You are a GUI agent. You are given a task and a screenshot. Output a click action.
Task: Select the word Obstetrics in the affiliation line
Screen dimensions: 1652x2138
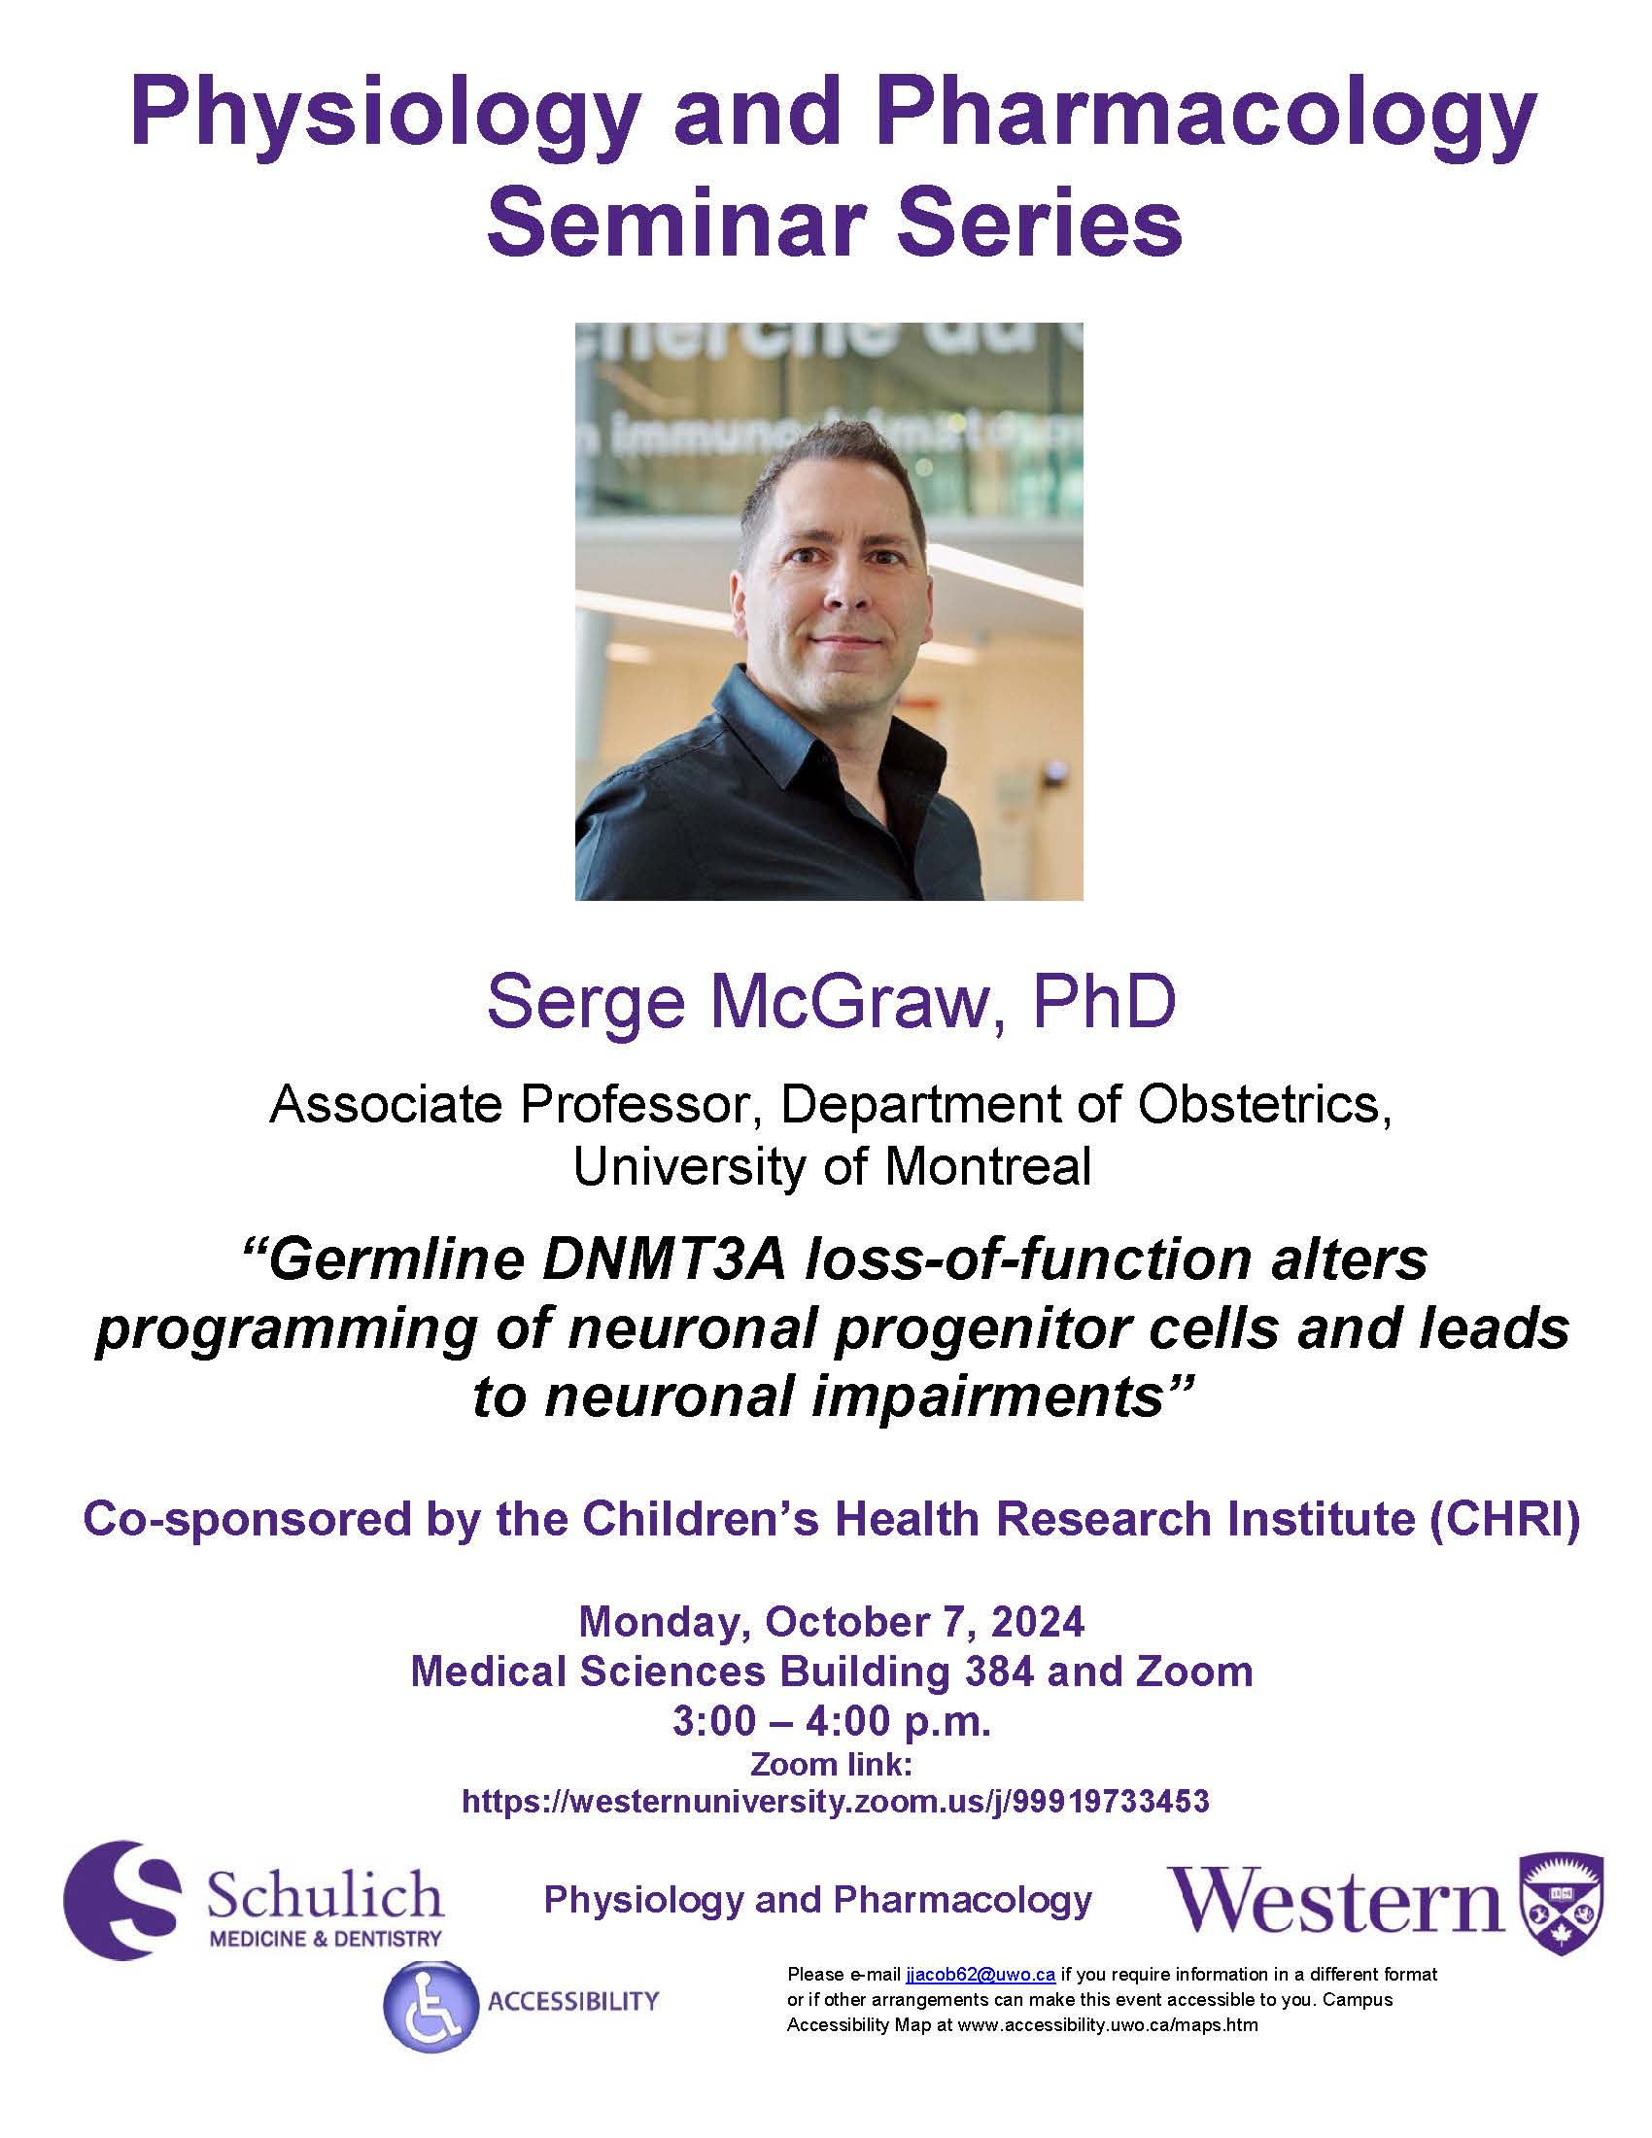point(1263,1104)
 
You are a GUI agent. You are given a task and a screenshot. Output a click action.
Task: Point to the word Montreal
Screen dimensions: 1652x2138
point(987,1166)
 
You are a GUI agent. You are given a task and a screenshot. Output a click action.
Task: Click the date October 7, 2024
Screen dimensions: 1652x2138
point(925,1623)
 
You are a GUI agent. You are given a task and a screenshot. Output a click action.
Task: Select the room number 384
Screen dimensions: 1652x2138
point(998,1672)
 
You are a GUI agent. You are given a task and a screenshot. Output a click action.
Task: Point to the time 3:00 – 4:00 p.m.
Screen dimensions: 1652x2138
point(832,1720)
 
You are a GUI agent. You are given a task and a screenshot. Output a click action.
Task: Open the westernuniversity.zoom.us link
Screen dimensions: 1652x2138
point(835,1801)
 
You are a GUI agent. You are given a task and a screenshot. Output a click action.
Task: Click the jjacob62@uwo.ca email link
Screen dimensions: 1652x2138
point(980,1974)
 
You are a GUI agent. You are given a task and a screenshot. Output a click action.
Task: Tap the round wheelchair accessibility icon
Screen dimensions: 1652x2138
point(430,2006)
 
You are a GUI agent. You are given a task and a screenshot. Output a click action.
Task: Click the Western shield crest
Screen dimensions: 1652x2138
point(1560,1904)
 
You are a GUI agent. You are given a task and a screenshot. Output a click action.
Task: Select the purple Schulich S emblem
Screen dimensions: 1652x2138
point(123,1900)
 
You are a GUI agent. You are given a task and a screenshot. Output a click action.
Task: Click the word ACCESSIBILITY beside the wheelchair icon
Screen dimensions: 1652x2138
point(573,2001)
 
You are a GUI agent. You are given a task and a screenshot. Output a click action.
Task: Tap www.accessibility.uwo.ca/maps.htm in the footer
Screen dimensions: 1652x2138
point(1108,2025)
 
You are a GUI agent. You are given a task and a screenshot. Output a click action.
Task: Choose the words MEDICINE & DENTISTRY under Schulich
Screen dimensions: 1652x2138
point(326,1939)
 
